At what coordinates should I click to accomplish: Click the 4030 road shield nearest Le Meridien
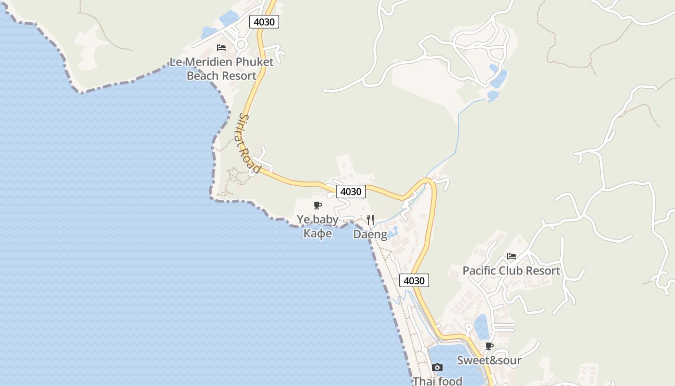264,22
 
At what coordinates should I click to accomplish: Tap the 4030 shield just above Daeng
351,192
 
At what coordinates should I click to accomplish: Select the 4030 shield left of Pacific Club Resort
414,281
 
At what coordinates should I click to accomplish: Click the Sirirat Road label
249,143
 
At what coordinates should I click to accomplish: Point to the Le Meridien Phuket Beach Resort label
221,69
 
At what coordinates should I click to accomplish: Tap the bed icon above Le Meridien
221,47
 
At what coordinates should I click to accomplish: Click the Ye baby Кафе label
318,226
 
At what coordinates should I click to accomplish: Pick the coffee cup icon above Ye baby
318,206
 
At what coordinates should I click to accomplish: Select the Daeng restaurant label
370,234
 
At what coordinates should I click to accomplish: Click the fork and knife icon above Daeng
370,220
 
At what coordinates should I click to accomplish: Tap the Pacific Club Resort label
511,271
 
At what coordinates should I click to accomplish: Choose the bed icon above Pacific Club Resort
512,256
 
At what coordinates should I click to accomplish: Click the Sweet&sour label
489,360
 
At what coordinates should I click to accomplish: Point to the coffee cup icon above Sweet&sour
489,346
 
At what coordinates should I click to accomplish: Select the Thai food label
437,381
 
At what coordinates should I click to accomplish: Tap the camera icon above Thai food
437,368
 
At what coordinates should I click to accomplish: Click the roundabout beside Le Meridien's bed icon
241,45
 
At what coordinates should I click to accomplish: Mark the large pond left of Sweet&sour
451,362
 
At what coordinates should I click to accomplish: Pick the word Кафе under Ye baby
318,234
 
